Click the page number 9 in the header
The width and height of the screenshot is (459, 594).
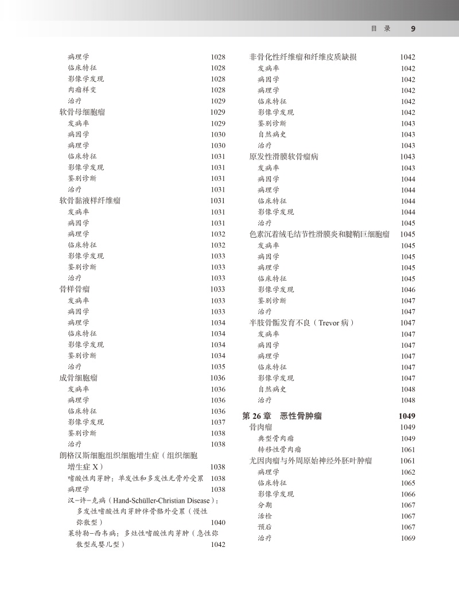click(413, 29)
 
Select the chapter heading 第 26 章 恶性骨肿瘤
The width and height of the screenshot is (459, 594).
click(282, 416)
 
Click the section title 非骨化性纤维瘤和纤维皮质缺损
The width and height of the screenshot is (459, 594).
click(303, 57)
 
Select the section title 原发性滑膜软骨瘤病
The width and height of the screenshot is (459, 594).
click(283, 156)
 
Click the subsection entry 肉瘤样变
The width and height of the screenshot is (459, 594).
click(82, 90)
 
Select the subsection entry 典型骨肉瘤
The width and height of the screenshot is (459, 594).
click(276, 438)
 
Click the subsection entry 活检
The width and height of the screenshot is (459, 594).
click(264, 516)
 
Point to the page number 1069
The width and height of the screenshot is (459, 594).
click(408, 538)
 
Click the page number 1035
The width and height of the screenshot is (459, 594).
click(218, 367)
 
